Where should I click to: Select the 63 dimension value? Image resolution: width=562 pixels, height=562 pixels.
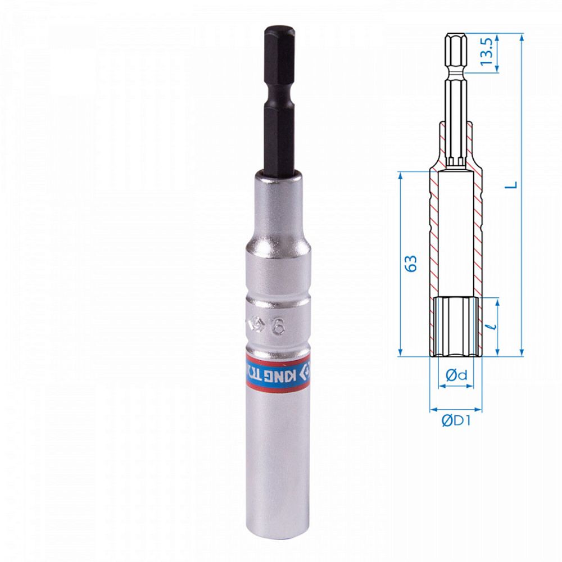click(x=412, y=264)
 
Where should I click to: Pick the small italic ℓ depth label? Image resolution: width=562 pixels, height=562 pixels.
click(x=494, y=325)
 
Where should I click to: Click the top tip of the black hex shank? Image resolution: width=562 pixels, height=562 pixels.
click(x=279, y=27)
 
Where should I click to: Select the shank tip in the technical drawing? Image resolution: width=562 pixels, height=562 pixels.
click(x=455, y=37)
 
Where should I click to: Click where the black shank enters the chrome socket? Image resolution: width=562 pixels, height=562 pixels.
click(x=279, y=172)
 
